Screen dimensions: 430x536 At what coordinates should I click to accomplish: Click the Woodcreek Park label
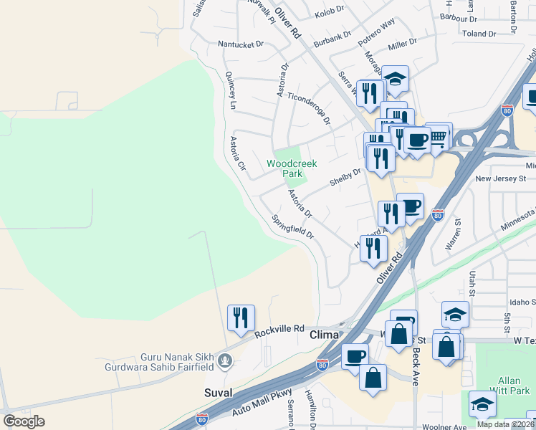click(x=292, y=168)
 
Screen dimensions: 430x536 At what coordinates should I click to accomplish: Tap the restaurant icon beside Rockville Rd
click(x=241, y=318)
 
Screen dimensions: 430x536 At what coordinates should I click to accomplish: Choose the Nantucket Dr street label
click(x=241, y=44)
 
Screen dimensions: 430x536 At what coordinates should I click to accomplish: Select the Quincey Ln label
click(x=231, y=90)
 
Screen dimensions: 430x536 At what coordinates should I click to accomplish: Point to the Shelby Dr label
click(x=345, y=176)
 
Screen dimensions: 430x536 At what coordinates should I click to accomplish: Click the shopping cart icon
click(x=438, y=136)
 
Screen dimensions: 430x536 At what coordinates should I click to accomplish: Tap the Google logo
click(x=24, y=421)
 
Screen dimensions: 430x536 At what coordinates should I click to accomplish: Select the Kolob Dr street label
click(x=329, y=12)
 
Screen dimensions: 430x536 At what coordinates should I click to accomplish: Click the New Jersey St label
click(x=500, y=178)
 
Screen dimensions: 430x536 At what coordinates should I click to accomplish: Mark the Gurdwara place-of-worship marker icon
click(x=226, y=359)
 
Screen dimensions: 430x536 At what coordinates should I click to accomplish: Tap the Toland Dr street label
click(x=479, y=34)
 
